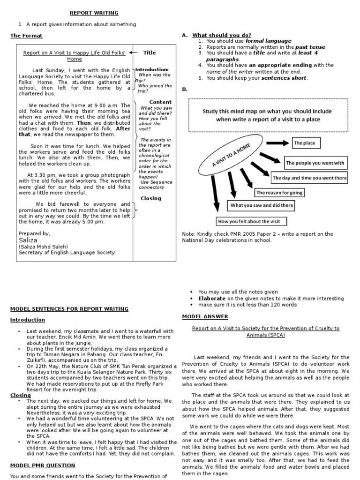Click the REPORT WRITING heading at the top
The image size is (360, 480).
tap(94, 13)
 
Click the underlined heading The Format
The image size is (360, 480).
tap(26, 36)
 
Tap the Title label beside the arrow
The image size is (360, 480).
tap(150, 53)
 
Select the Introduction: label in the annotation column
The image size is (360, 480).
tap(152, 69)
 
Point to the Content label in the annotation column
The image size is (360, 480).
tap(160, 102)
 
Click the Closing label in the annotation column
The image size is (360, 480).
tap(150, 198)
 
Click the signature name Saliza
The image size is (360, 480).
tap(28, 240)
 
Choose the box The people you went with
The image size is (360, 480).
tap(315, 163)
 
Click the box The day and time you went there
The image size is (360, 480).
tap(310, 178)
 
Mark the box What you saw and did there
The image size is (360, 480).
tap(262, 205)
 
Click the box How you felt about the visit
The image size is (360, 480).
tap(251, 221)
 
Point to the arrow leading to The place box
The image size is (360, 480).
tap(278, 143)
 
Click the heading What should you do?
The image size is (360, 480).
tap(222, 35)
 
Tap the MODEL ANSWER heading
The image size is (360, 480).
tap(205, 316)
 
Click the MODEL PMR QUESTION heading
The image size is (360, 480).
tap(43, 465)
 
